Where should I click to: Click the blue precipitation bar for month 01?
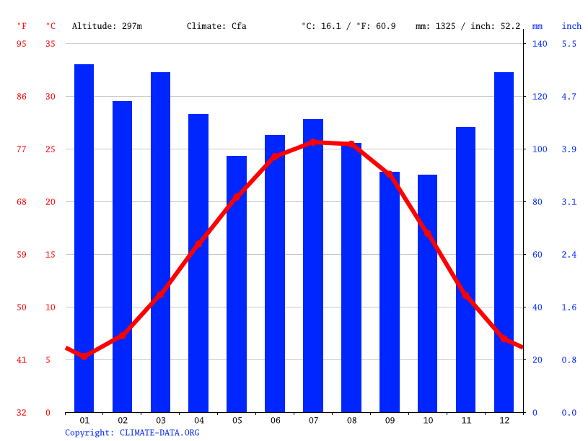84,238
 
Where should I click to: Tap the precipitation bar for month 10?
427,293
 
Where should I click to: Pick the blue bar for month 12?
504,242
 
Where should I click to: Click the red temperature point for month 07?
313,142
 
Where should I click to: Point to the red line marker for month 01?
84,356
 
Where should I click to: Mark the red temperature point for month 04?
198,245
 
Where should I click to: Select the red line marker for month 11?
466,296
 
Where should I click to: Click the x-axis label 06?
275,420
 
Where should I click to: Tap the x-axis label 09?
390,420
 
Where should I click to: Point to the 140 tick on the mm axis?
540,44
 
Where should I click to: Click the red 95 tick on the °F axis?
22,44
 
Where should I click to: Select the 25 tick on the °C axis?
51,149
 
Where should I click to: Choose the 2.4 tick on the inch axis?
569,255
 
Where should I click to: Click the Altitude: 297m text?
107,26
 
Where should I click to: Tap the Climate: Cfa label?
216,26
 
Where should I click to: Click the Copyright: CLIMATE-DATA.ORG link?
132,433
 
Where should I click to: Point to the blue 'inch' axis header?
571,26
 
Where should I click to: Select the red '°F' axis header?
22,26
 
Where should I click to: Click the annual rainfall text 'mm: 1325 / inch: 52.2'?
468,26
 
